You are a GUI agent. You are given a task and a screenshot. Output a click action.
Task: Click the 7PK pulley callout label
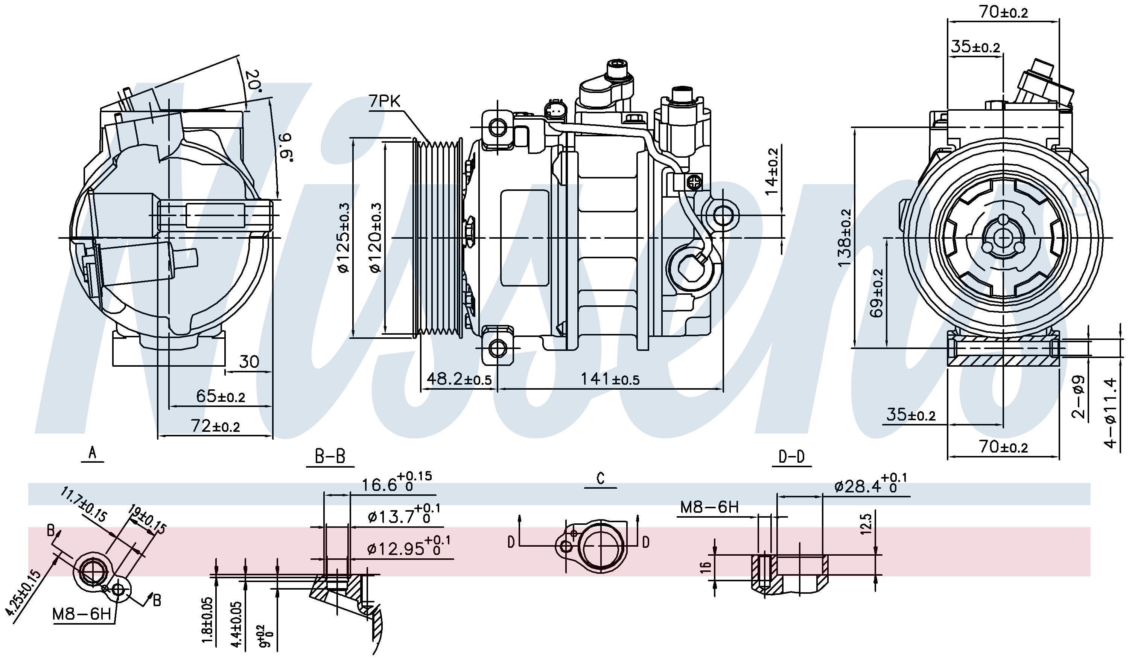(384, 102)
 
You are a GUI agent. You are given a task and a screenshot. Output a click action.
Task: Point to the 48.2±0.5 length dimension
(459, 380)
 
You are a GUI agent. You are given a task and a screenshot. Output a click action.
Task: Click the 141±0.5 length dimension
(610, 380)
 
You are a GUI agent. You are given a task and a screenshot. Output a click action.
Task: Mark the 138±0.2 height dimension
(845, 238)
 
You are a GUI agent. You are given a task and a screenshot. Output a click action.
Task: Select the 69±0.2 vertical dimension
(878, 293)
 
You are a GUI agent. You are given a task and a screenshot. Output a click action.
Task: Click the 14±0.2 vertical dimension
(772, 172)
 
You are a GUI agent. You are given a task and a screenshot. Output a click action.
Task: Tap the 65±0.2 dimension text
(221, 396)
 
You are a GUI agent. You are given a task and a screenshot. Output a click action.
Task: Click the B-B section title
(330, 457)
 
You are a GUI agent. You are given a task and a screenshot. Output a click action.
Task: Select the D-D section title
(792, 457)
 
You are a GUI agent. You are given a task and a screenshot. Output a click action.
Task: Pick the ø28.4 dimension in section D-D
(870, 484)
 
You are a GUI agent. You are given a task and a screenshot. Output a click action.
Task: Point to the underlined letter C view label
(601, 478)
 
